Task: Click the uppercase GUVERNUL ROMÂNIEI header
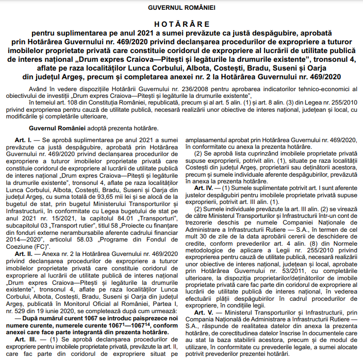[182, 8]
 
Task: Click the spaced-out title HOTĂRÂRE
[182, 24]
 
